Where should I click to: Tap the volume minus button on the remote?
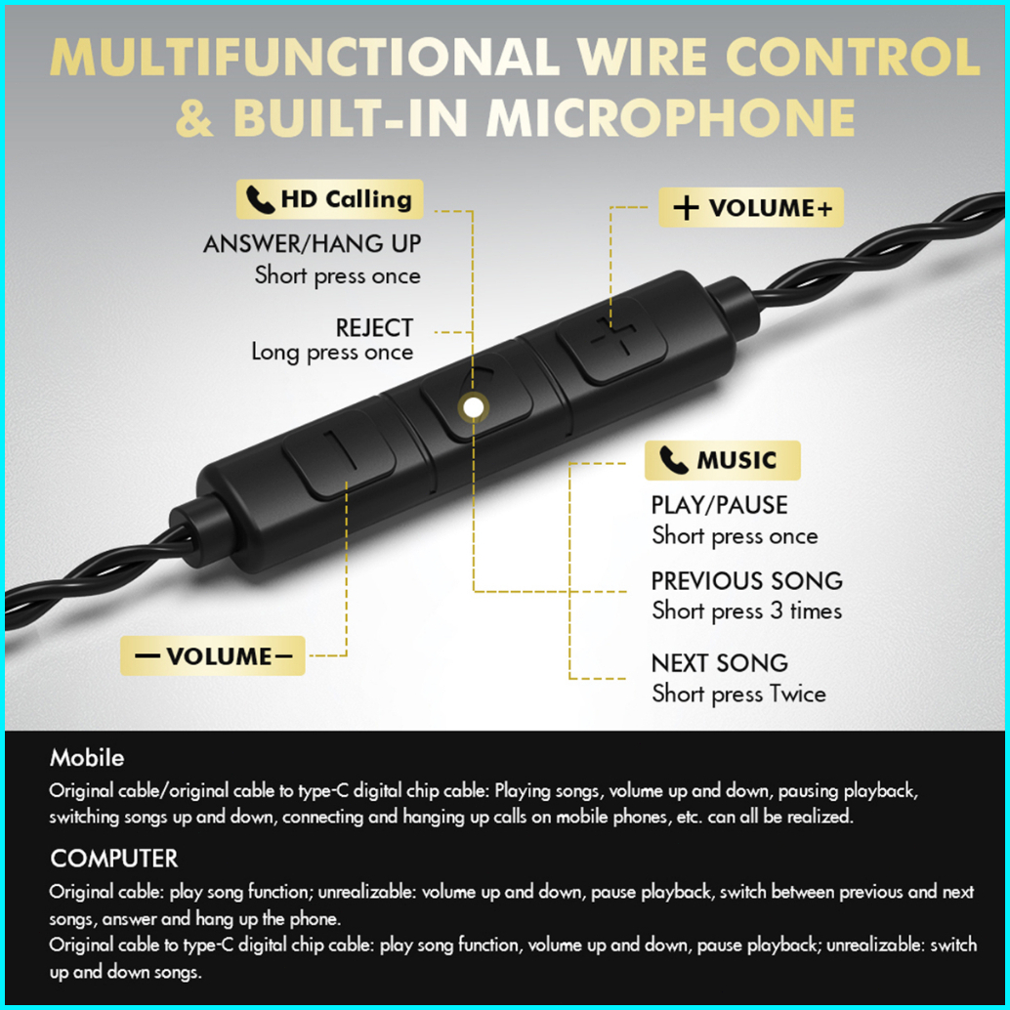339,453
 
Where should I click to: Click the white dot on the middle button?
474,407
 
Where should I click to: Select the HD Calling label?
330,199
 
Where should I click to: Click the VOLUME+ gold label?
751,207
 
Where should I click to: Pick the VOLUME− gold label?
213,655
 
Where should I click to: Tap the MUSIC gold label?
723,460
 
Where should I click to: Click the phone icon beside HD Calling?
260,199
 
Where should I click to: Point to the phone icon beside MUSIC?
674,460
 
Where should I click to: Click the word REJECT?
374,328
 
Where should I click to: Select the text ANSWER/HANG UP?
312,244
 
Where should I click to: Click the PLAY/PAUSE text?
720,505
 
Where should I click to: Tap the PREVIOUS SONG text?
747,581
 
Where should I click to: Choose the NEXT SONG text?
720,663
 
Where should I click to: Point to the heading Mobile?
87,758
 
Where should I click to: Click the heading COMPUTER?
114,858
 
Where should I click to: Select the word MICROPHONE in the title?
671,118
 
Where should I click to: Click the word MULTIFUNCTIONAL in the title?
305,57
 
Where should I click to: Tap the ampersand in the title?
194,118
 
